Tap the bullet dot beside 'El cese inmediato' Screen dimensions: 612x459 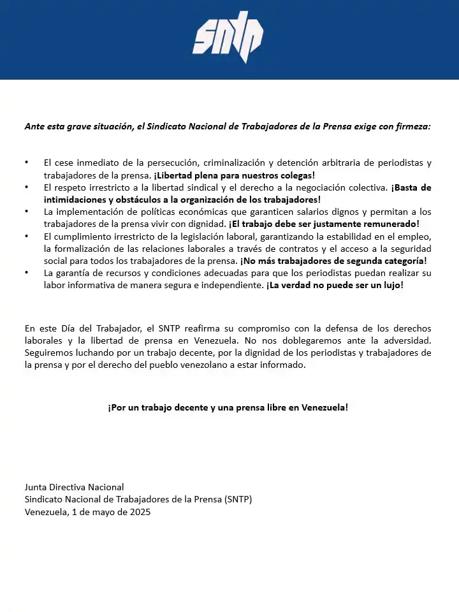(27, 163)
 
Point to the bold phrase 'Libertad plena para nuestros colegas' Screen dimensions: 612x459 (235, 175)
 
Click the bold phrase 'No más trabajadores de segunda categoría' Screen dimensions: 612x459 (333, 260)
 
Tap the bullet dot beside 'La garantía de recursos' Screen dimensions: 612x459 (27, 273)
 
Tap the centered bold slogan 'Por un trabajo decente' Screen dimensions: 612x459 (228, 407)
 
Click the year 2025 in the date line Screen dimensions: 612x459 (140, 512)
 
